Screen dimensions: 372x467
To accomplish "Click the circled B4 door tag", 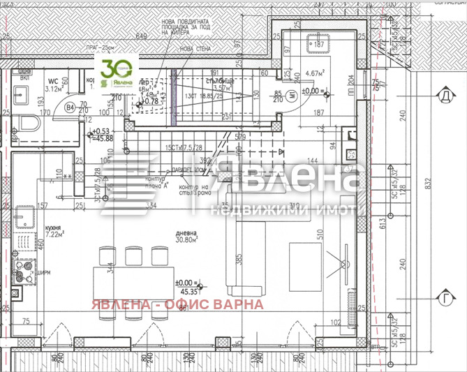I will click(x=71, y=108).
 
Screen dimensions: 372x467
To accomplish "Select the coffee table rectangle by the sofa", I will click(x=301, y=257).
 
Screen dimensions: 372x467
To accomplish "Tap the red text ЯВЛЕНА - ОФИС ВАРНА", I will click(x=176, y=304).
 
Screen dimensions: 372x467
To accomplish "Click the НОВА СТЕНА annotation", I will click(x=195, y=48).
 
